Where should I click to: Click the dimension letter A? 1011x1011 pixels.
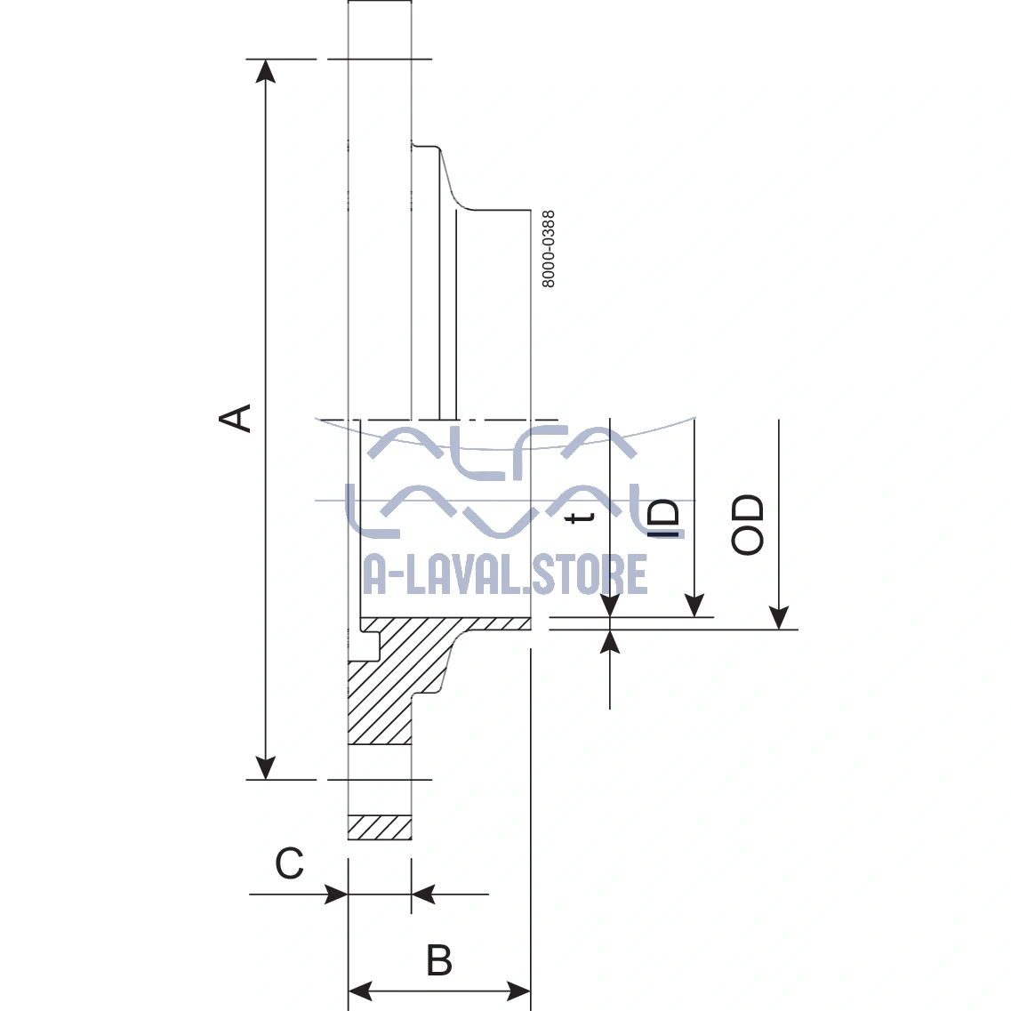[x=237, y=418]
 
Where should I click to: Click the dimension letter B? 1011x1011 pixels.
[x=439, y=961]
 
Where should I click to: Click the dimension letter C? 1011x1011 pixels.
[x=290, y=863]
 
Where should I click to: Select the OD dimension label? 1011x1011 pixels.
[x=748, y=525]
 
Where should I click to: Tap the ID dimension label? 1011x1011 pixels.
[x=663, y=518]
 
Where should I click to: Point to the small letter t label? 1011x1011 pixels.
[x=582, y=517]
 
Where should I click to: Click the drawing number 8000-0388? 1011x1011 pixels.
[x=549, y=249]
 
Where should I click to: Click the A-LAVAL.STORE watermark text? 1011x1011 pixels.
[x=505, y=575]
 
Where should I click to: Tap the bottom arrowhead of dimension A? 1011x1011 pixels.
[x=265, y=768]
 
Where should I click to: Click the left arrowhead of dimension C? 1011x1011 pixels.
[x=336, y=894]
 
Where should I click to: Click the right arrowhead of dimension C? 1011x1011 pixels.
[x=423, y=894]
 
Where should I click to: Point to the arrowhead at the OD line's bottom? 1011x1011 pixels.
[x=779, y=617]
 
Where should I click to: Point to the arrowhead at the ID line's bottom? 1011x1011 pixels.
[x=694, y=606]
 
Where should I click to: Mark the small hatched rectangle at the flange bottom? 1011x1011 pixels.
[x=380, y=827]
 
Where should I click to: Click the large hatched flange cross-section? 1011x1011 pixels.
[x=391, y=685]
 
